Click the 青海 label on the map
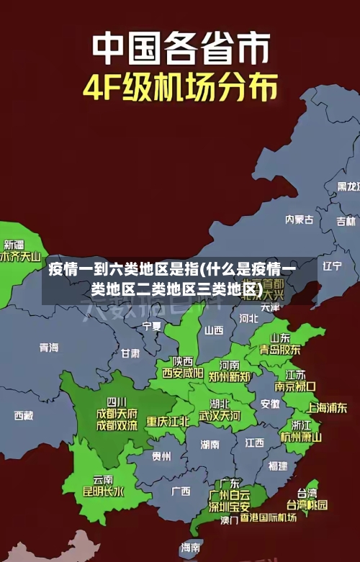coord(49,348)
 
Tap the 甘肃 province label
coord(130,353)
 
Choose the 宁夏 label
coord(152,326)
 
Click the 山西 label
coord(214,330)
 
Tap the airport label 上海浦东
coord(327,407)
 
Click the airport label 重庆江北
coord(168,421)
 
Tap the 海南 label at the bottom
coord(191,548)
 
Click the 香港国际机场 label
coord(268,517)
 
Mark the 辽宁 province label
coord(332,266)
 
